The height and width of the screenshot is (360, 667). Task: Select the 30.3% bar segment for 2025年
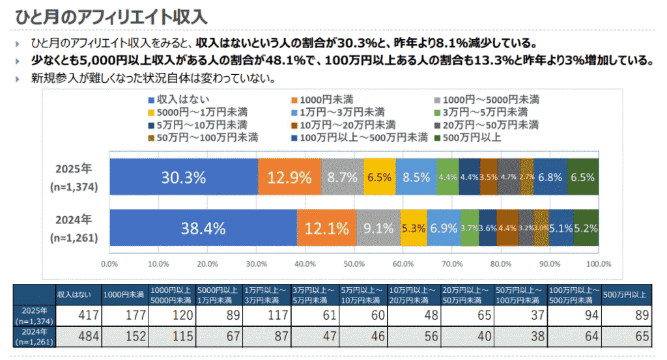click(184, 176)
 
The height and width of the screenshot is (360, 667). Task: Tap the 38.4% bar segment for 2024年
click(203, 228)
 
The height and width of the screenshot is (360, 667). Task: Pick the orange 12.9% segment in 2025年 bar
click(289, 176)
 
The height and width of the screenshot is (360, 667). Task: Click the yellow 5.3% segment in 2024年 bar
click(414, 228)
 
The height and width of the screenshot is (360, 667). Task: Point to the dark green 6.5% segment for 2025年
click(583, 176)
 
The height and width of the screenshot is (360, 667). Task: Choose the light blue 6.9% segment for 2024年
click(444, 228)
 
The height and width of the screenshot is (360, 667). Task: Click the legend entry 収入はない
click(173, 100)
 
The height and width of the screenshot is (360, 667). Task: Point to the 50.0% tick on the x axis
click(354, 264)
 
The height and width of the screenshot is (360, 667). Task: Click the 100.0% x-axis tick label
click(599, 264)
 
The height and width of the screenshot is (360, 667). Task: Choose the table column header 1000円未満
click(125, 294)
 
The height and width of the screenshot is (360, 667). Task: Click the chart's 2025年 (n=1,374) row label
click(74, 176)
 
